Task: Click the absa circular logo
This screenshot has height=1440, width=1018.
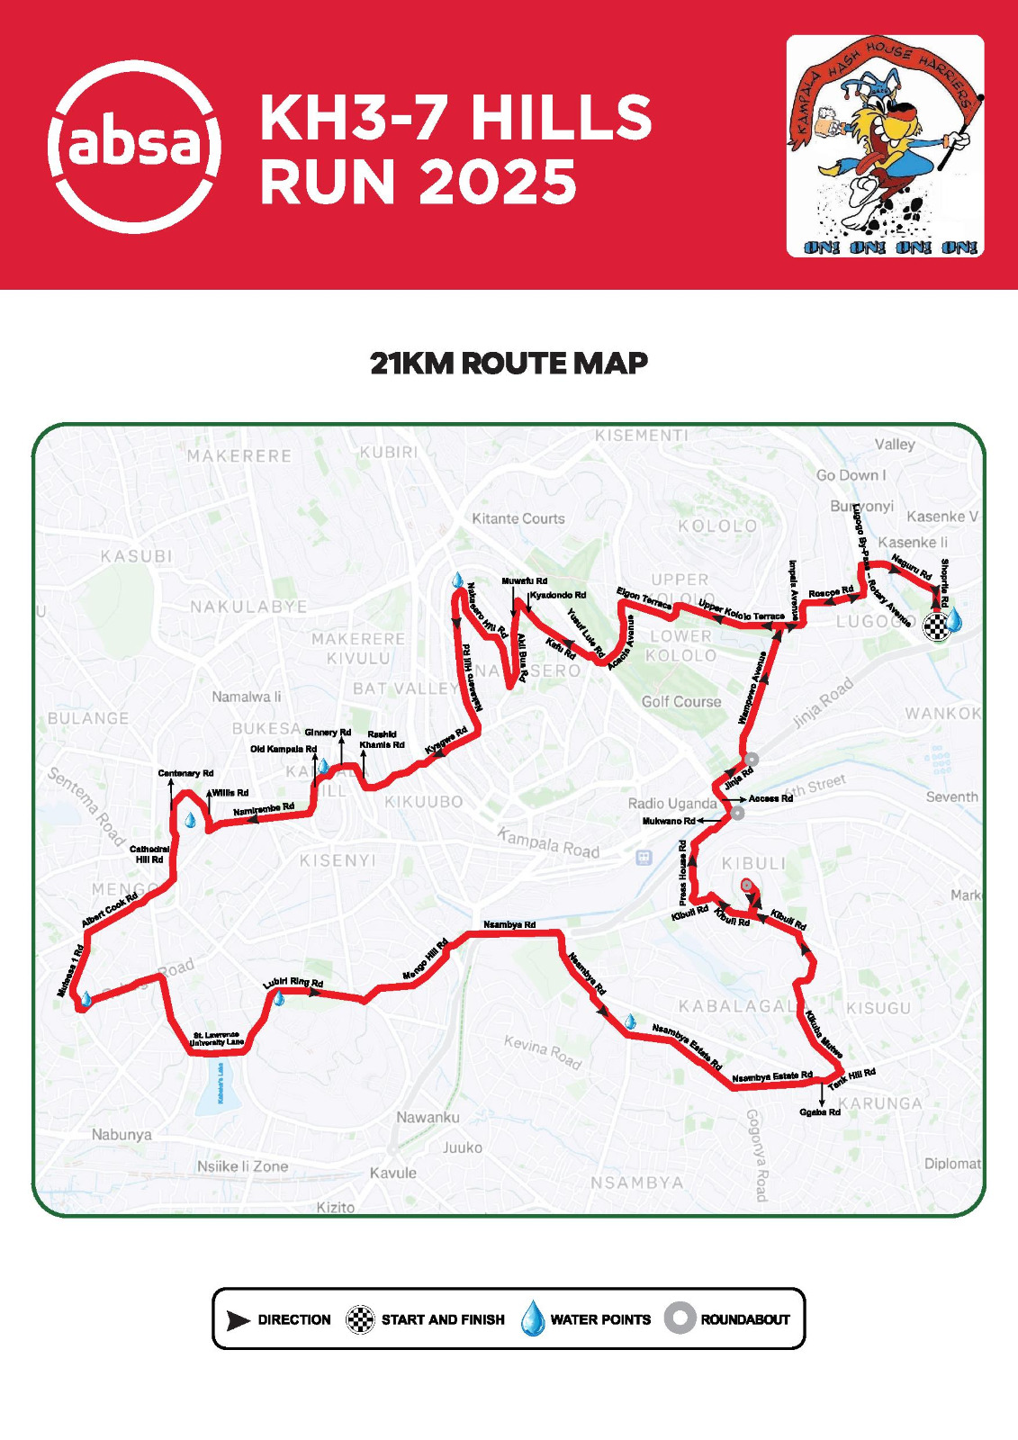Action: click(134, 146)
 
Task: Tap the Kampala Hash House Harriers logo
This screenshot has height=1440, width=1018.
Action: click(885, 146)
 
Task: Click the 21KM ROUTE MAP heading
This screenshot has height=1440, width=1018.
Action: click(509, 364)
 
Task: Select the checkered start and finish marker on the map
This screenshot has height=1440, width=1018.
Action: click(936, 625)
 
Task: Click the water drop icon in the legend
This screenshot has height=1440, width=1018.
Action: click(533, 1318)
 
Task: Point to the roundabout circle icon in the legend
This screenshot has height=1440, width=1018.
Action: click(680, 1318)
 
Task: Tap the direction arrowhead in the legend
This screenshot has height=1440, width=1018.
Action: click(238, 1320)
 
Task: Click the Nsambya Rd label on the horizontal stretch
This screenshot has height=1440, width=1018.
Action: click(509, 924)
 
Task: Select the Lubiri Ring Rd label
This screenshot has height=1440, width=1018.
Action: click(293, 983)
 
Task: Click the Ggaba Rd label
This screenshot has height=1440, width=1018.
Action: click(819, 1112)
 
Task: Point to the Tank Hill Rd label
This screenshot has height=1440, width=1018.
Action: click(851, 1078)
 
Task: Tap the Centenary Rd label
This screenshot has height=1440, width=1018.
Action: click(185, 773)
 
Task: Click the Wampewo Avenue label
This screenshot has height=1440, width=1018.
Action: click(752, 688)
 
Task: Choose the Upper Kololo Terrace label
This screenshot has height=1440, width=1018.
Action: click(741, 609)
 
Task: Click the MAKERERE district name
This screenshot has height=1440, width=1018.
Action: click(239, 456)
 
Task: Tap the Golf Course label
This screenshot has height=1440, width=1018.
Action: click(681, 702)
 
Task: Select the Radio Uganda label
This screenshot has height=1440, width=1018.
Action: click(672, 804)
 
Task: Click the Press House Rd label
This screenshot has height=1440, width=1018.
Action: click(683, 872)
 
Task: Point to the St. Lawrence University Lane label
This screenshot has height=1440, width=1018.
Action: click(216, 1039)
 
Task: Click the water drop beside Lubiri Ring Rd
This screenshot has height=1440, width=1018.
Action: click(279, 998)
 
